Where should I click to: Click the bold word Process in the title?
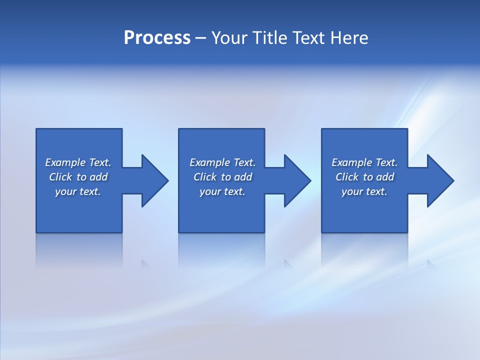[157, 38]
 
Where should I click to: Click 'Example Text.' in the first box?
[78, 162]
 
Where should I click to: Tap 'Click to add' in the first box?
[78, 177]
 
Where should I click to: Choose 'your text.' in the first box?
[78, 191]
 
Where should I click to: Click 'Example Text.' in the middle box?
[222, 162]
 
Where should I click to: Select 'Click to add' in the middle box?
[222, 177]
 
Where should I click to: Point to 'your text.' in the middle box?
[222, 191]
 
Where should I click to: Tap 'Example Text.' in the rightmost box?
[364, 162]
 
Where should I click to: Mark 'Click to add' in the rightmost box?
[364, 177]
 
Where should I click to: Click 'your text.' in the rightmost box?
[364, 191]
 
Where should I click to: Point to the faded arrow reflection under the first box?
[146, 264]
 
